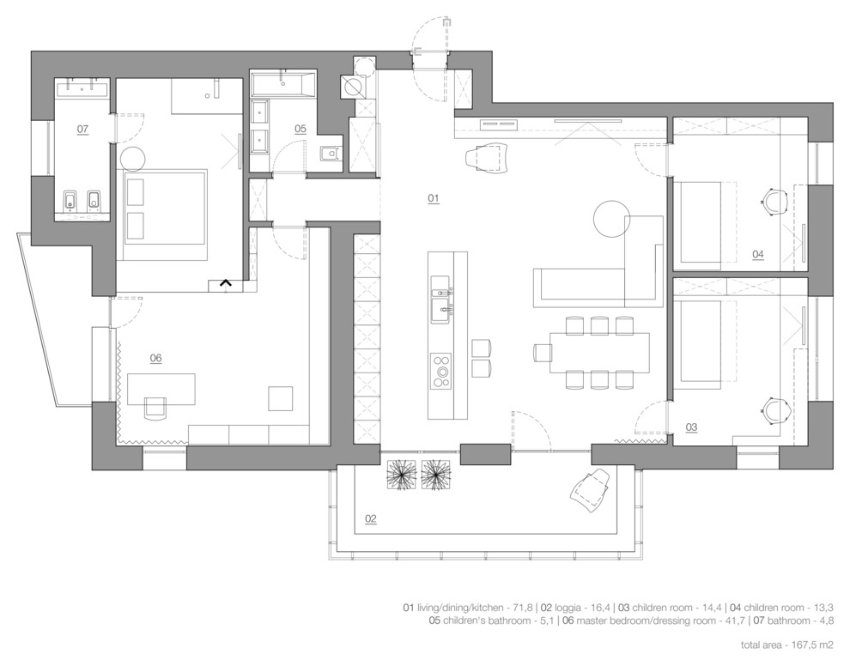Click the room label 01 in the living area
click(434, 198)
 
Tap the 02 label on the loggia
click(371, 518)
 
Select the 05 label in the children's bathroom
click(300, 129)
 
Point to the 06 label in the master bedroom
click(155, 358)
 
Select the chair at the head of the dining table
click(543, 352)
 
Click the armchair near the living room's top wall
click(487, 157)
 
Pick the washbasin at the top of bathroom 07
click(82, 88)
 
